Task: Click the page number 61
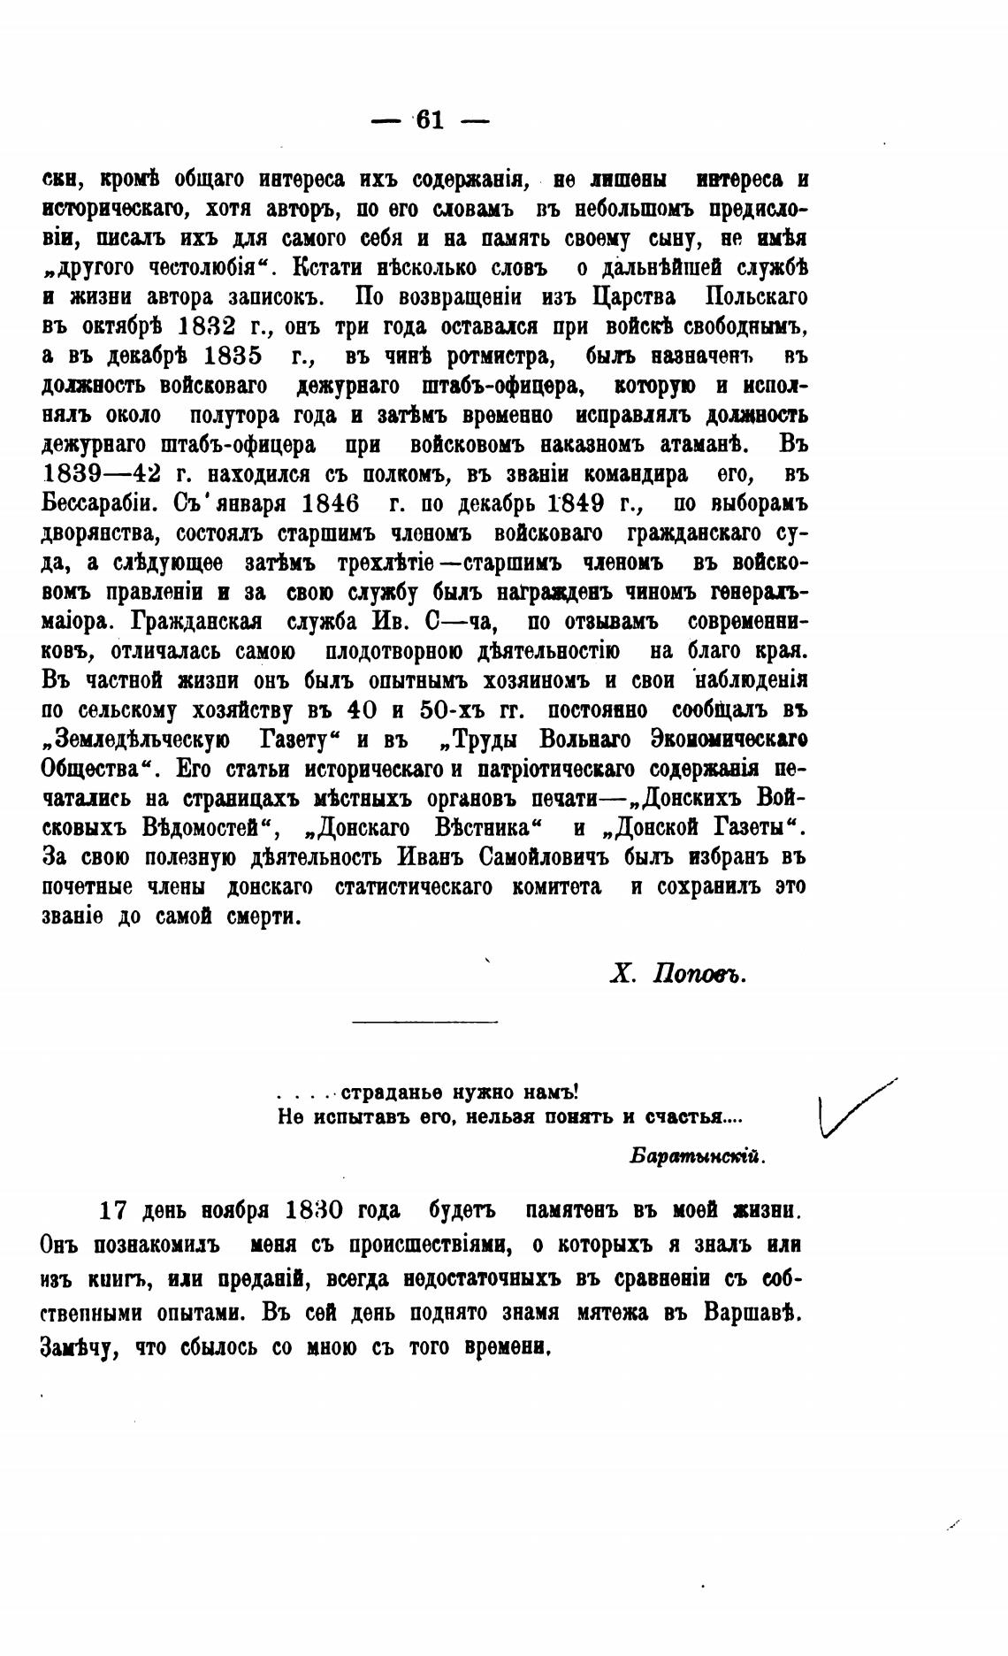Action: [430, 120]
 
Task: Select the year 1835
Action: [232, 356]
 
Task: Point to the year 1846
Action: [330, 503]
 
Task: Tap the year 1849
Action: [590, 503]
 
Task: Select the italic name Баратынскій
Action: [698, 1156]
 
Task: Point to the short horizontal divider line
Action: [424, 1023]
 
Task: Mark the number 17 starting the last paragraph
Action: [115, 1209]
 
